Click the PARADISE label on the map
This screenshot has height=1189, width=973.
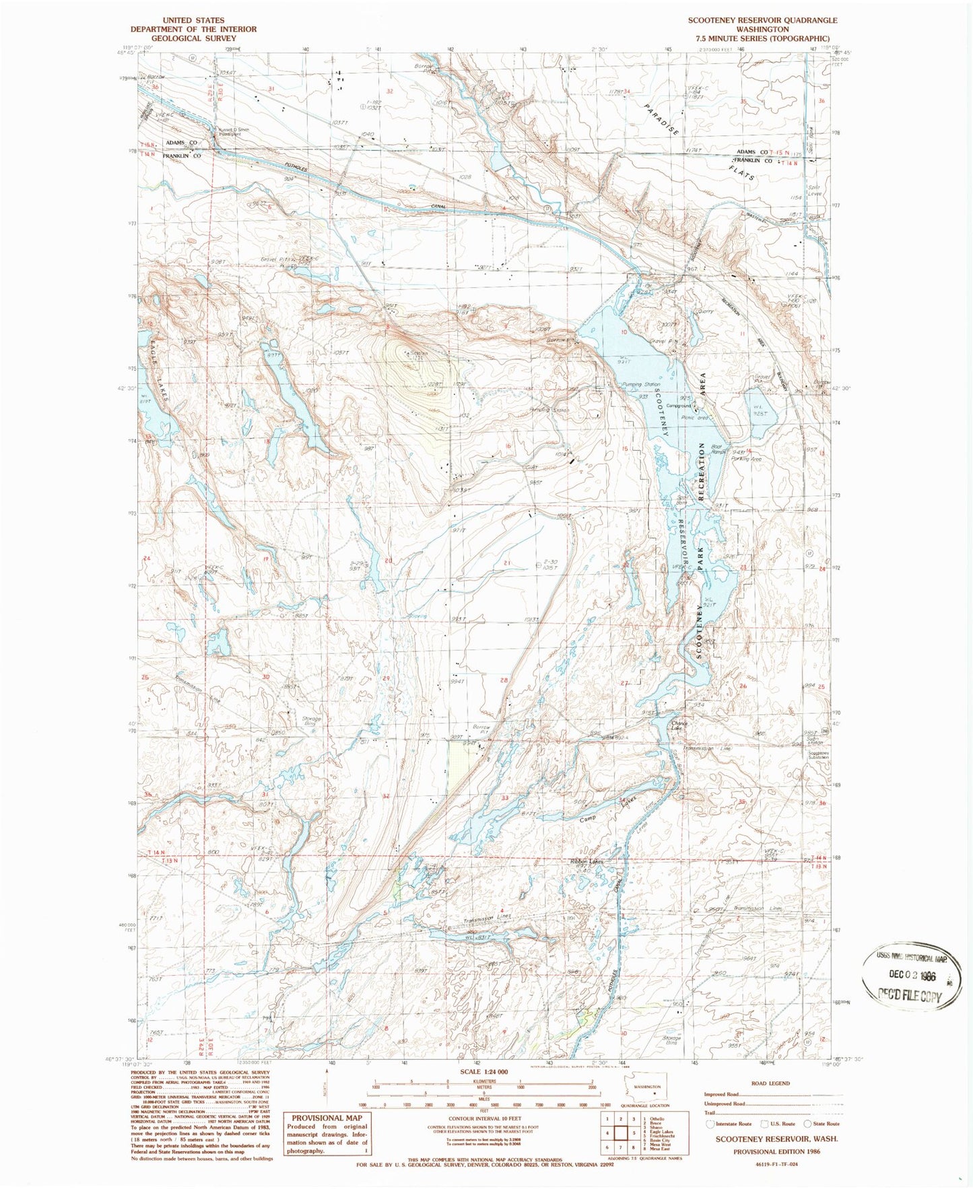pyautogui.click(x=661, y=120)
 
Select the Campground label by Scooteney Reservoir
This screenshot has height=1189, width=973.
pyautogui.click(x=679, y=406)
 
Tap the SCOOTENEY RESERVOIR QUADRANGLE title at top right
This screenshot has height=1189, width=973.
pyautogui.click(x=762, y=20)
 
